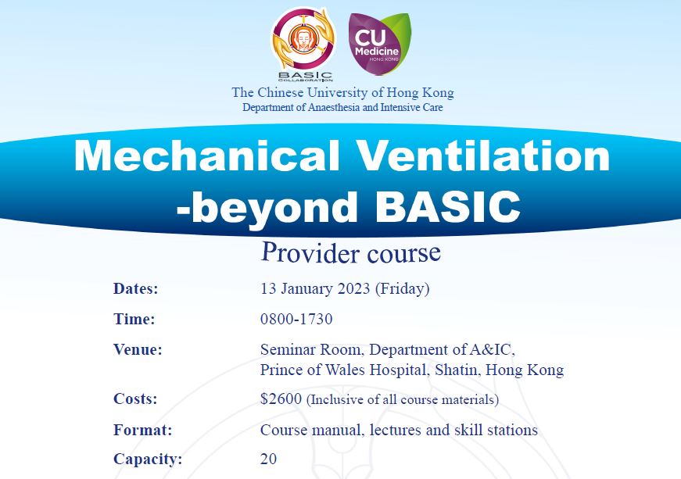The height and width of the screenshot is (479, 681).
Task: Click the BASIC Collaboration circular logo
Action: click(x=303, y=44)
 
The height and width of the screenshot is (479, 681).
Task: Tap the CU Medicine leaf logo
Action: click(x=379, y=44)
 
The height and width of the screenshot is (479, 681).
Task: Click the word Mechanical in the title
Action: click(x=206, y=155)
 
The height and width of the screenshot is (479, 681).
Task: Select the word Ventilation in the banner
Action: click(x=484, y=155)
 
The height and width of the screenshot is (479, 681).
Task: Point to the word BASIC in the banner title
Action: click(x=447, y=206)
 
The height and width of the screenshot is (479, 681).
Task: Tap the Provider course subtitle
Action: click(x=350, y=252)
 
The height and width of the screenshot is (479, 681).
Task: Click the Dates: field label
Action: click(x=136, y=288)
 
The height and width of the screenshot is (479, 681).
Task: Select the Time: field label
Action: click(x=134, y=319)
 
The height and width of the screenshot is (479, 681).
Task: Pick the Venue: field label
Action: click(x=138, y=349)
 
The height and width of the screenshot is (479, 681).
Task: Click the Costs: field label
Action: click(x=135, y=399)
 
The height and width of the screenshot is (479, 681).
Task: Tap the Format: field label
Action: click(x=142, y=430)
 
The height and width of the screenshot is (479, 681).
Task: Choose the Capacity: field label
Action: click(x=148, y=459)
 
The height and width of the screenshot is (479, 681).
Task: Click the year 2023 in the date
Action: click(x=353, y=288)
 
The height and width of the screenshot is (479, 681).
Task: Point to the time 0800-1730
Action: click(x=296, y=319)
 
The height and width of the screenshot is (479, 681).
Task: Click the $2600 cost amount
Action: click(x=281, y=399)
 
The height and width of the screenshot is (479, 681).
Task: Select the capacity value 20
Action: click(x=268, y=459)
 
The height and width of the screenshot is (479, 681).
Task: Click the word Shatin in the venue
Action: click(x=458, y=370)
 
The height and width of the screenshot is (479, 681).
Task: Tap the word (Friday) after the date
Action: click(x=402, y=289)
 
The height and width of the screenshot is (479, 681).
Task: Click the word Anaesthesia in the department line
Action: click(x=334, y=107)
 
